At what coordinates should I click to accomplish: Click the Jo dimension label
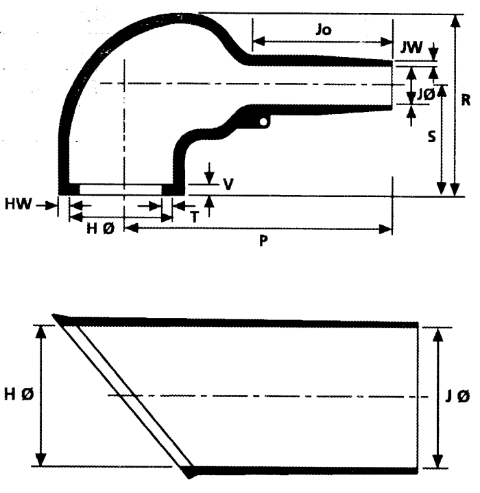click(324, 30)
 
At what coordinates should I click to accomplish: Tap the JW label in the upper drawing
click(411, 47)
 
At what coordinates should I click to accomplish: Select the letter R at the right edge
click(466, 100)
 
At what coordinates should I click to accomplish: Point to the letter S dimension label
click(432, 137)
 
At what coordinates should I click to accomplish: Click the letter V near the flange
click(228, 184)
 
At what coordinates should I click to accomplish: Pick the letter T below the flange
click(195, 216)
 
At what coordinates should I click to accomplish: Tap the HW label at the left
click(19, 204)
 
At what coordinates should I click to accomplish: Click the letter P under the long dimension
click(263, 241)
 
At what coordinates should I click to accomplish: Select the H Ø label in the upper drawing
click(100, 229)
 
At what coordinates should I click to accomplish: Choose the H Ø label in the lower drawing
click(19, 394)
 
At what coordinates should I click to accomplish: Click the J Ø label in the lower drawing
click(457, 395)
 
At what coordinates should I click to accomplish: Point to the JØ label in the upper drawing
click(426, 95)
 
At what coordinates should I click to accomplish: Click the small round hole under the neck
click(264, 122)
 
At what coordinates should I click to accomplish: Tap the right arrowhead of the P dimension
click(385, 229)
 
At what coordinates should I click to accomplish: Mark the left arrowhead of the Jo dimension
click(259, 41)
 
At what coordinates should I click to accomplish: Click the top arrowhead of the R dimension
click(455, 21)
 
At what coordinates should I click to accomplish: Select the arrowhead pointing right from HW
click(52, 206)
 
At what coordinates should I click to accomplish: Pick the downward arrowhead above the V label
click(209, 178)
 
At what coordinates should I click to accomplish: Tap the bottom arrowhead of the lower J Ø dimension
click(438, 461)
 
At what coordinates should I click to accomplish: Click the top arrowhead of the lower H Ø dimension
click(41, 332)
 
